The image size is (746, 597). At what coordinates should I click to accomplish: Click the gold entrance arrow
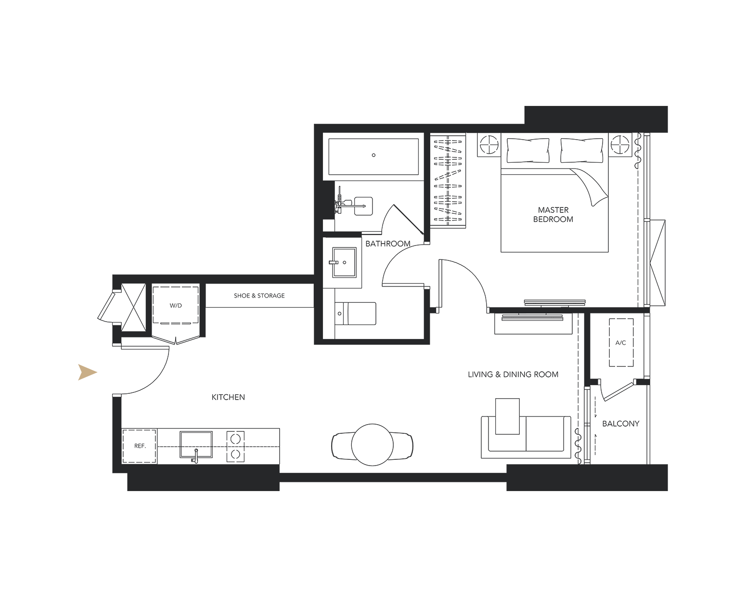tap(87, 372)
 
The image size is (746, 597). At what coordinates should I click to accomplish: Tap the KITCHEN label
tap(228, 397)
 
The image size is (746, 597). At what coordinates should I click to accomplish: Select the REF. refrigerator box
tap(140, 446)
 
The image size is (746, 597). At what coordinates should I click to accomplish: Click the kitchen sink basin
tap(196, 444)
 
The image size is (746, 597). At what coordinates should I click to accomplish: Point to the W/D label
tap(176, 306)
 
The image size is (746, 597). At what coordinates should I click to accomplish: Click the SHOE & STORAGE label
tap(259, 296)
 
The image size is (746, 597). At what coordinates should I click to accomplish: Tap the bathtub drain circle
tap(373, 155)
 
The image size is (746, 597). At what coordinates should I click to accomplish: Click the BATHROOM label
tap(388, 244)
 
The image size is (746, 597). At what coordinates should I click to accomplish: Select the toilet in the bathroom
tap(355, 313)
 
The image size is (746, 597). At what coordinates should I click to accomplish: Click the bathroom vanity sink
tap(344, 262)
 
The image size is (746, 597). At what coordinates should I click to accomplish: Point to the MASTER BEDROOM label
tap(553, 215)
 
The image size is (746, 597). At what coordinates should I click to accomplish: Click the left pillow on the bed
tap(528, 150)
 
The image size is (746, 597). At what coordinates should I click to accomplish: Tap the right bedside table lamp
tap(620, 144)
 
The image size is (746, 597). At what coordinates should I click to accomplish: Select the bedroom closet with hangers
tap(448, 181)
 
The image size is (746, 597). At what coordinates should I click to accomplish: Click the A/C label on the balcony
tap(620, 343)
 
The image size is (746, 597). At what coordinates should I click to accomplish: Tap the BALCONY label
tap(620, 424)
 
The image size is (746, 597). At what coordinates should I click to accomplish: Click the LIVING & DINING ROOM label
tap(513, 374)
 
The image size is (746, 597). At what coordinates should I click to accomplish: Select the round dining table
tap(373, 444)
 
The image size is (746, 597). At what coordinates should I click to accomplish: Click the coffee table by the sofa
tap(507, 416)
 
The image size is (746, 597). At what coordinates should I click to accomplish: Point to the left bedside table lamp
tap(489, 144)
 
